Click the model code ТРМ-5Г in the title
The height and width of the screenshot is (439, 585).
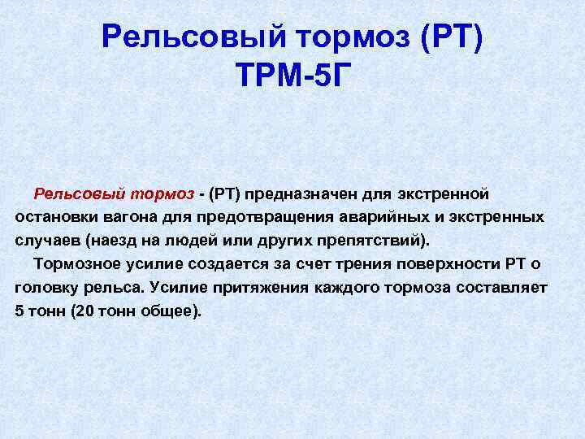(293, 75)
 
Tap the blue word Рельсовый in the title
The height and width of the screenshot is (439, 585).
(194, 37)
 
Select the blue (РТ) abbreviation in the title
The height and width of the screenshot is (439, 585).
(451, 37)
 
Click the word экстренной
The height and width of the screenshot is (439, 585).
(443, 194)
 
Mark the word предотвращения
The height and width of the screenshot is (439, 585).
(265, 218)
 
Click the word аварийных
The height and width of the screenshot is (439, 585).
(384, 218)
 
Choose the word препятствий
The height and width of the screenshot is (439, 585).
(369, 241)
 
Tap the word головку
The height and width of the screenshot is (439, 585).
(46, 288)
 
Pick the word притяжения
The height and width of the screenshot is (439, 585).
(229, 288)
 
